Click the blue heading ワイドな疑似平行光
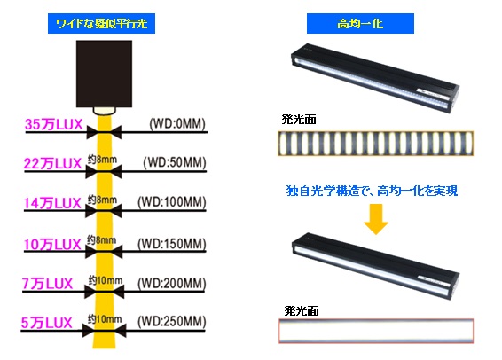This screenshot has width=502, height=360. point(101,23)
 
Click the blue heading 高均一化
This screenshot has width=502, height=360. point(360,23)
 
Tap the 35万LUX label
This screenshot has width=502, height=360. point(54,124)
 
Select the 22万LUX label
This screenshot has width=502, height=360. point(53,164)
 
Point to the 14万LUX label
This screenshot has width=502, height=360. point(52,203)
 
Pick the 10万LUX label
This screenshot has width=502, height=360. point(52,245)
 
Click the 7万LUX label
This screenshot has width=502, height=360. point(47,284)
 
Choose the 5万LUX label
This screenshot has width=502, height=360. point(47,323)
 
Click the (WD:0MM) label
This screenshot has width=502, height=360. point(177,124)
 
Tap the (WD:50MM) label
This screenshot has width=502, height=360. point(175,162)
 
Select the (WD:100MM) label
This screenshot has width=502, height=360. point(171,202)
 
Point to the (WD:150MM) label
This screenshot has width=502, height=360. point(171,244)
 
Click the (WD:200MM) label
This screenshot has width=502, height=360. point(171,283)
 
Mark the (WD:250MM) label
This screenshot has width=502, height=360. point(171,322)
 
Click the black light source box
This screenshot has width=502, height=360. point(104,74)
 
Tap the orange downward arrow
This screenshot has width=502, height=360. point(376,219)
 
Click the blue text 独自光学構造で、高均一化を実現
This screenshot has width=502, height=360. point(372,191)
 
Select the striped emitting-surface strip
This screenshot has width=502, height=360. point(375,144)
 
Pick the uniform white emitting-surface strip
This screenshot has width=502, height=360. point(376,331)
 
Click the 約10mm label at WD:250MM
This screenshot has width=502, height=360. point(105,319)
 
